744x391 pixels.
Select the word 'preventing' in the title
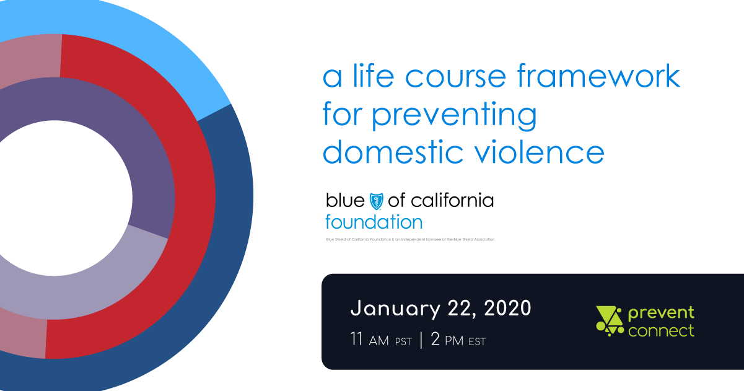pyautogui.click(x=454, y=116)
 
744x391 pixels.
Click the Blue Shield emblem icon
pyautogui.click(x=377, y=200)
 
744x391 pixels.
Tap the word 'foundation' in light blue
pyautogui.click(x=374, y=221)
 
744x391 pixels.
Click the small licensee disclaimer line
pyautogui.click(x=410, y=240)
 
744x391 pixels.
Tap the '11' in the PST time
pyautogui.click(x=356, y=340)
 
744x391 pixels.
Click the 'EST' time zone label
pyautogui.click(x=477, y=341)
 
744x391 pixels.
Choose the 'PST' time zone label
pyautogui.click(x=403, y=341)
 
